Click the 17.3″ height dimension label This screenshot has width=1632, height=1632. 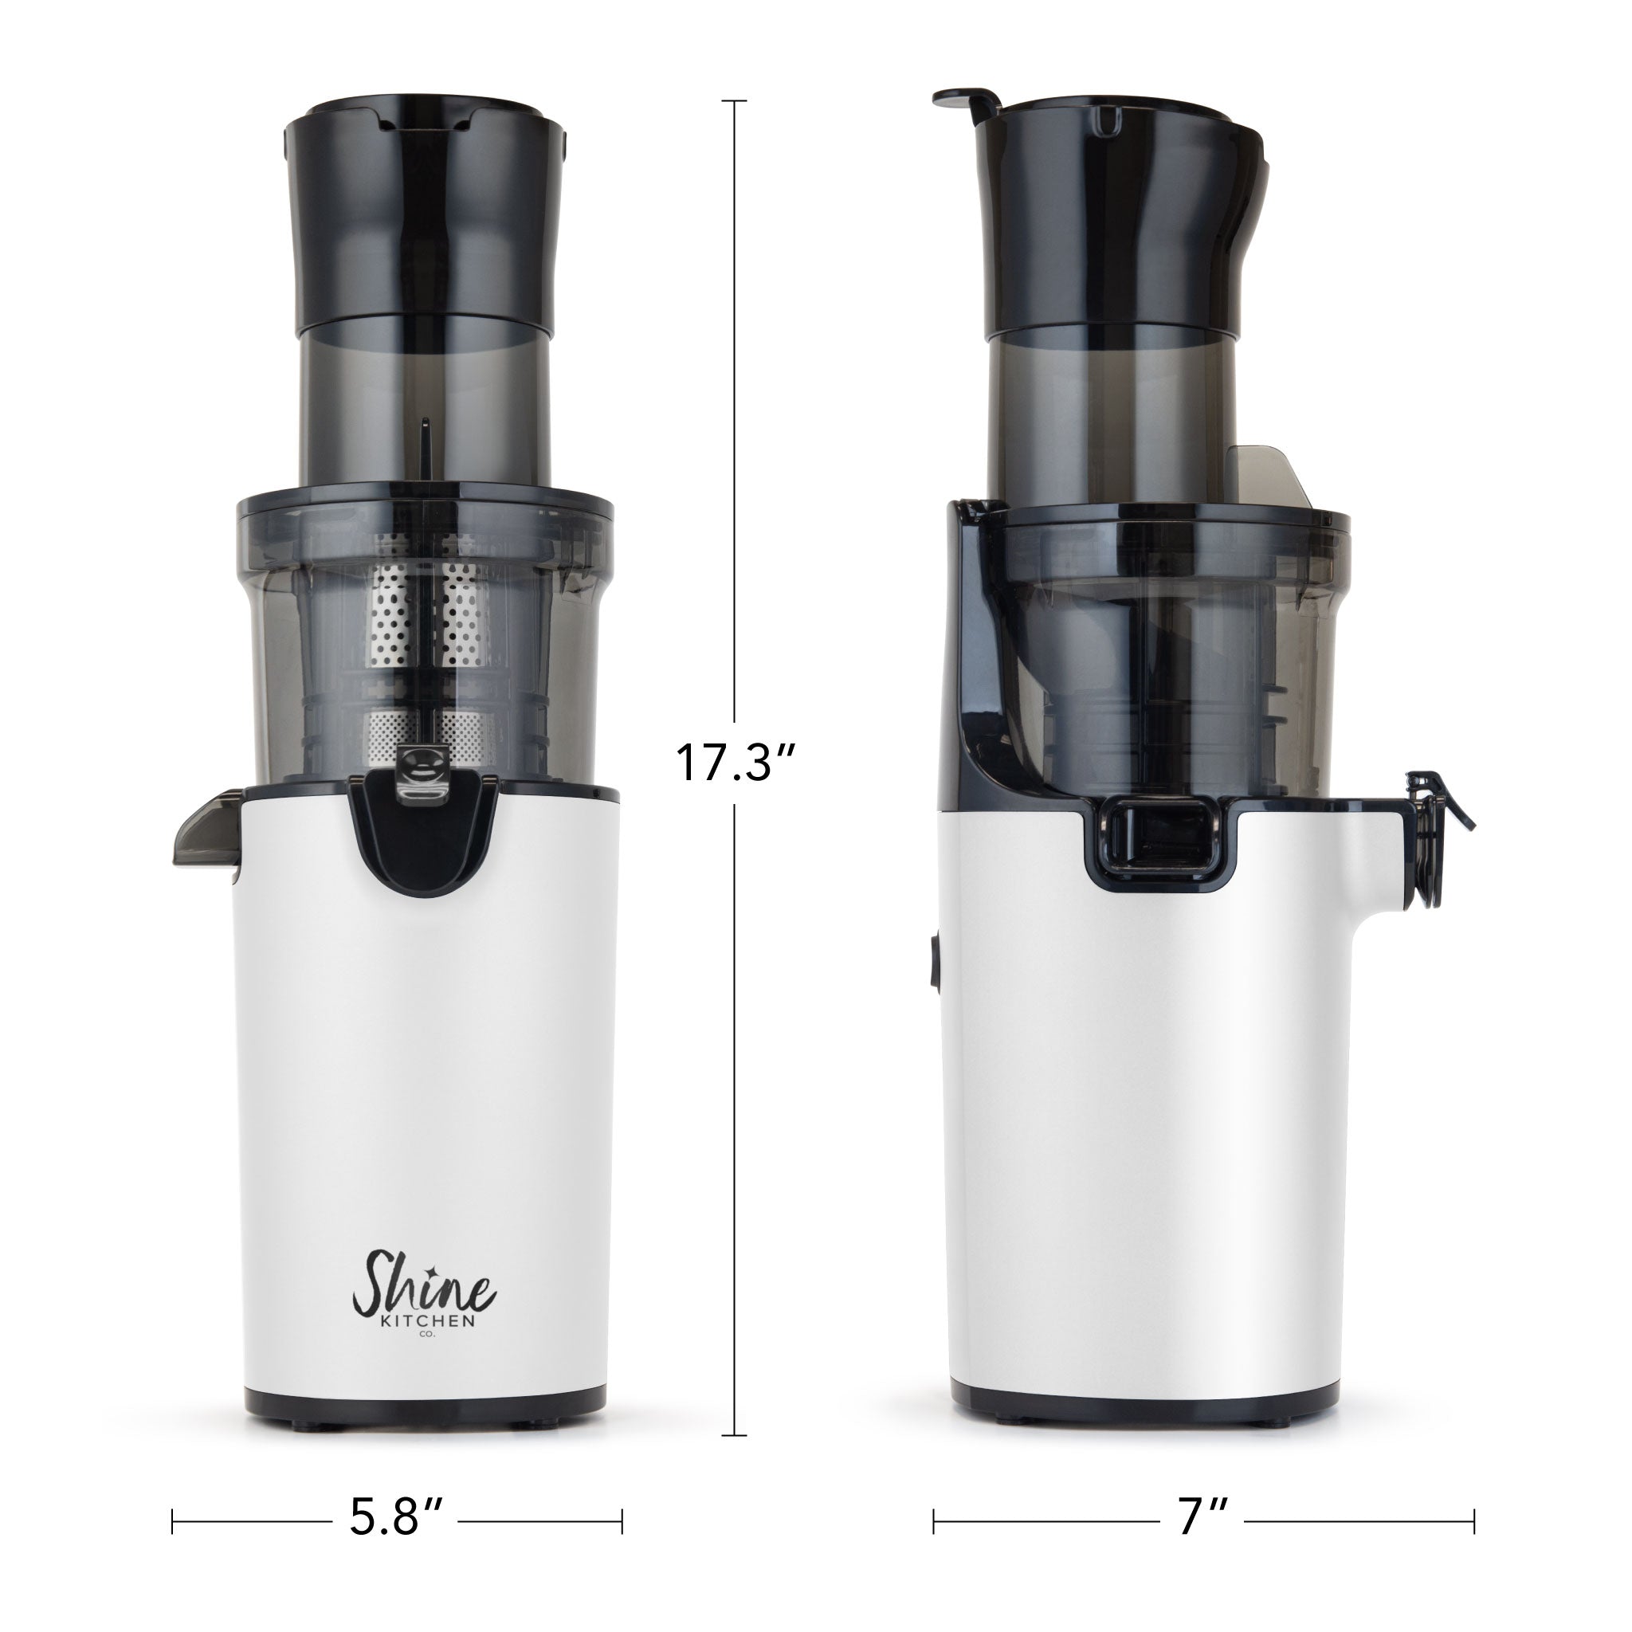click(x=735, y=763)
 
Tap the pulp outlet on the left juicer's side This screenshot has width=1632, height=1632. click(x=206, y=829)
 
